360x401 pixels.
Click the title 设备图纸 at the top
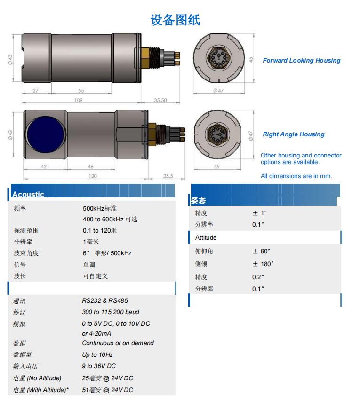click(175, 20)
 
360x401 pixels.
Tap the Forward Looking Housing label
click(302, 60)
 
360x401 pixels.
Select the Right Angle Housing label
click(294, 134)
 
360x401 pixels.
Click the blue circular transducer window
click(46, 134)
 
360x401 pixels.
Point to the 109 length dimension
click(79, 100)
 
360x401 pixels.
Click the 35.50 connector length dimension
click(160, 100)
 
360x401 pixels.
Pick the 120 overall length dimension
click(93, 176)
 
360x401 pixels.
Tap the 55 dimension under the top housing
click(81, 91)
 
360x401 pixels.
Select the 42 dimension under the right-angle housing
click(44, 166)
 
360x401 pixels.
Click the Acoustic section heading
click(28, 194)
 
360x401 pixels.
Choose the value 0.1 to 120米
click(100, 230)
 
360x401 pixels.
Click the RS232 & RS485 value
click(105, 300)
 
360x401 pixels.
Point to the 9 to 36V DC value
click(99, 366)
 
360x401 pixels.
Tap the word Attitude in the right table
click(206, 237)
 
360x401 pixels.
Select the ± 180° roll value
click(263, 264)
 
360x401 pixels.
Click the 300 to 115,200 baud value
click(111, 312)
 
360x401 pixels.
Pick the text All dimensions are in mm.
click(296, 176)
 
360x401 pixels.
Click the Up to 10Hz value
click(97, 355)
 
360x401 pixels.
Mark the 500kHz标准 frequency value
click(100, 208)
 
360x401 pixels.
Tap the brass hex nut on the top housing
click(145, 58)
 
